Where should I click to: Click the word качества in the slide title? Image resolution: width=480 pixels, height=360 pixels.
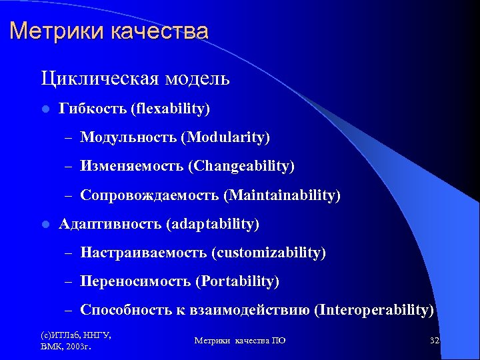click(x=158, y=31)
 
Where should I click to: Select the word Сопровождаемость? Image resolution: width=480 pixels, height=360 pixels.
click(x=149, y=195)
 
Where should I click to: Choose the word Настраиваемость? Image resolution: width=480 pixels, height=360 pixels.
click(x=143, y=253)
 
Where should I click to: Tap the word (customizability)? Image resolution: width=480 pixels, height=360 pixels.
click(x=269, y=253)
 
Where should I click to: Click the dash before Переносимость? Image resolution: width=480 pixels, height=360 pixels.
click(x=68, y=282)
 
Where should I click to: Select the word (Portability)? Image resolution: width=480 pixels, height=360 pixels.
click(x=237, y=282)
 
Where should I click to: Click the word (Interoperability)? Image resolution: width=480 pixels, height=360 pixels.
click(x=374, y=310)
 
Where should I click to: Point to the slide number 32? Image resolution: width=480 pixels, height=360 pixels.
click(x=435, y=340)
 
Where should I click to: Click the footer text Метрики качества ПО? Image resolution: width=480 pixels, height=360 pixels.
click(x=240, y=341)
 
